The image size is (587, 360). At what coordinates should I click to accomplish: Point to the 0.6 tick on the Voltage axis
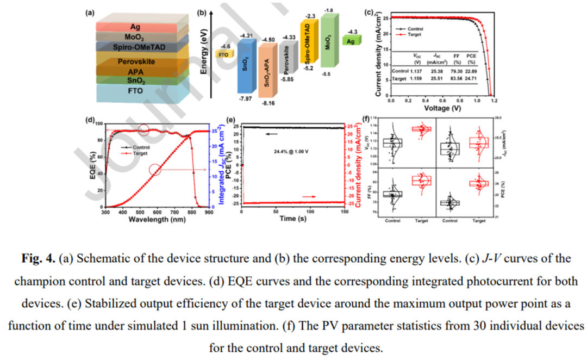(x=442, y=101)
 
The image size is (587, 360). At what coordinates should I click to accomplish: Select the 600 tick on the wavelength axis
(x=157, y=212)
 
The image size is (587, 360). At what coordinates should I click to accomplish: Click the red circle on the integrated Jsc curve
(x=155, y=170)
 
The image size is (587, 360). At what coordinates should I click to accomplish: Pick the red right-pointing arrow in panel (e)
(x=308, y=196)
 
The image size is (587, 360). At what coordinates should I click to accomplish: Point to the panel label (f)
(x=367, y=119)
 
